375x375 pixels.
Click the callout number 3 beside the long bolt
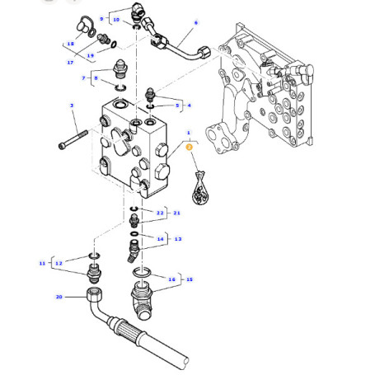click(72, 106)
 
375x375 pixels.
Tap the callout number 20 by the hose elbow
click(59, 296)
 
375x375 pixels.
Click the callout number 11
click(42, 263)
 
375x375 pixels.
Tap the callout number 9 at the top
click(101, 17)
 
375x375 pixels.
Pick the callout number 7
click(83, 77)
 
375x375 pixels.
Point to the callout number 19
click(90, 55)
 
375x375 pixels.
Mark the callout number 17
click(70, 62)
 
